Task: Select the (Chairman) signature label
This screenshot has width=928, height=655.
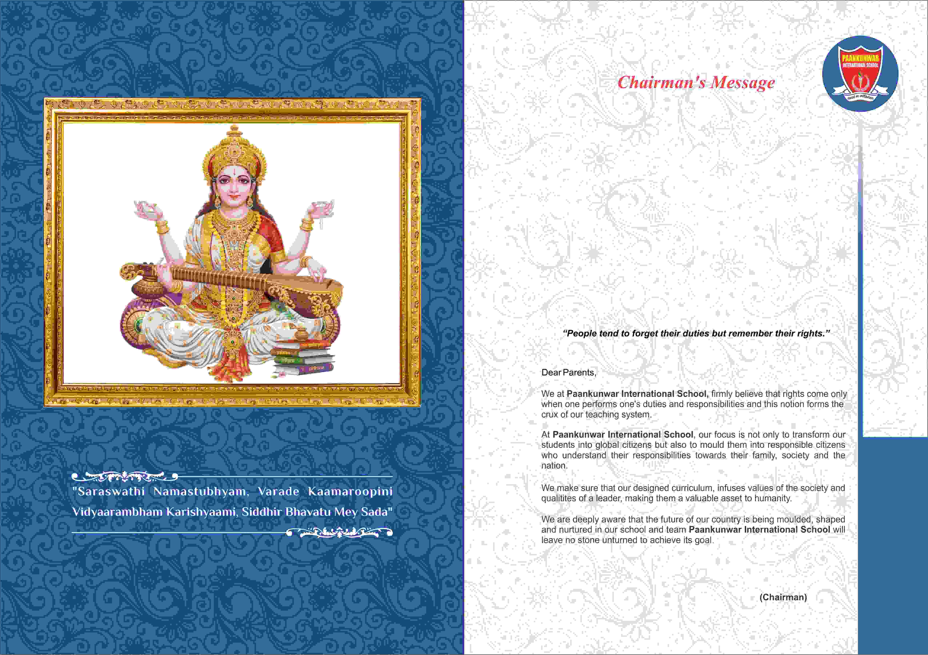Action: click(783, 597)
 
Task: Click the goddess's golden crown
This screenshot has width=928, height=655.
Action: click(234, 150)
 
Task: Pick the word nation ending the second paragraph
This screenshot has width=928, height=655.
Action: click(554, 465)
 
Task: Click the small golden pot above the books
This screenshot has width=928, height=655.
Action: click(301, 335)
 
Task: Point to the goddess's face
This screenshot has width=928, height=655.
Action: click(234, 186)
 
